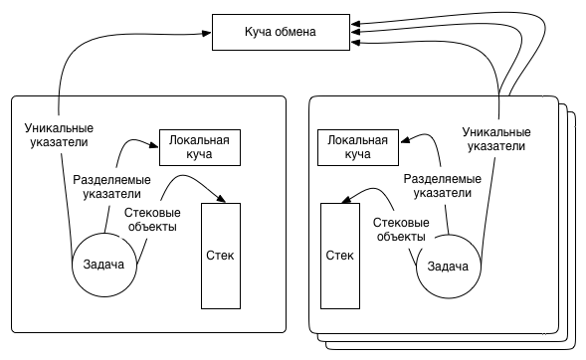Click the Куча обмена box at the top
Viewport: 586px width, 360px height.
coord(280,33)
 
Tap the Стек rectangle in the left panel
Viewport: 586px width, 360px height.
coord(221,256)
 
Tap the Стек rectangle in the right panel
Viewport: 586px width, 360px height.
coord(339,256)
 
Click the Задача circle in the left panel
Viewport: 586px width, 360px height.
coord(104,265)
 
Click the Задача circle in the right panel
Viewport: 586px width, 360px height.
coord(448,266)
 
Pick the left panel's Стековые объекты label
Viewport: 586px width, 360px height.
coord(151,219)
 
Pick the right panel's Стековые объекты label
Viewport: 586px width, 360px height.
coord(400,230)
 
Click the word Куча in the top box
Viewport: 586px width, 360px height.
coord(262,33)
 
